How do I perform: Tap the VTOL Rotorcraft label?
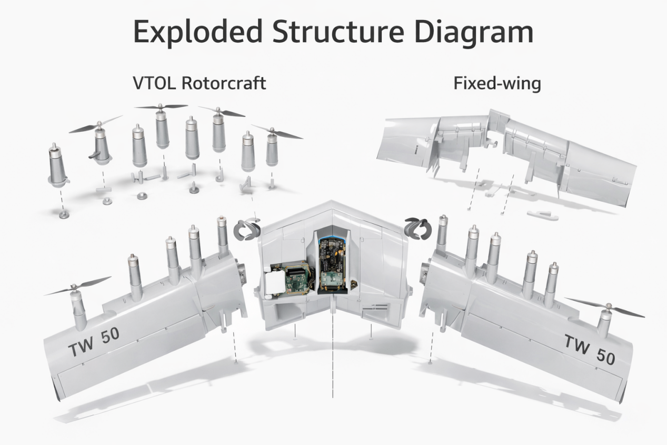(200, 83)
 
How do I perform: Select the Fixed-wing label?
(497, 84)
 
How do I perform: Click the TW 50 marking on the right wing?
(589, 349)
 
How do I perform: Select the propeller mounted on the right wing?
(605, 307)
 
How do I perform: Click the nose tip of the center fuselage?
(333, 202)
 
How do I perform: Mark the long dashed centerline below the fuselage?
(333, 358)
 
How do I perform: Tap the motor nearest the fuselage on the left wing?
(222, 235)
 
